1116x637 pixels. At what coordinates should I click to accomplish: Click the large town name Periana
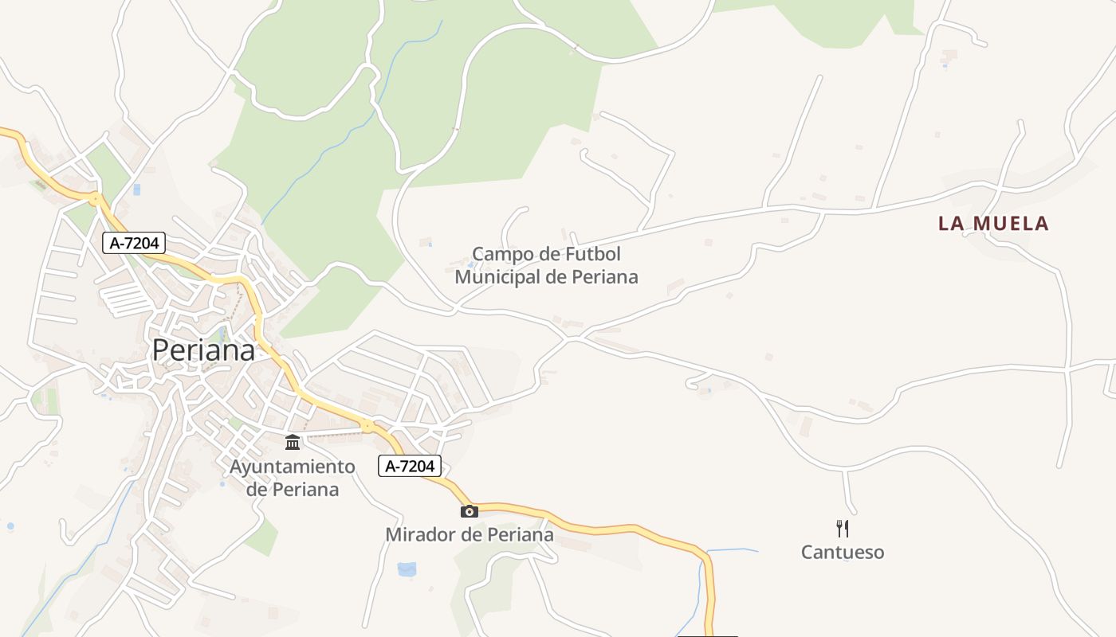(203, 350)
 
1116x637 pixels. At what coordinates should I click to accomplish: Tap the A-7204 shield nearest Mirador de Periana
(409, 467)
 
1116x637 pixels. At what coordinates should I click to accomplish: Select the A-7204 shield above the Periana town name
(133, 243)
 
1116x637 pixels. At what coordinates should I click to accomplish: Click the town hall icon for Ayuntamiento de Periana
(293, 442)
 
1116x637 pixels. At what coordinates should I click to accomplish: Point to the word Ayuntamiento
(292, 467)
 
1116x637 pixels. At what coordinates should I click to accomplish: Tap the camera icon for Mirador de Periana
(470, 511)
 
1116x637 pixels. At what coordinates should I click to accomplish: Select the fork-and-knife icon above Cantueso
(843, 529)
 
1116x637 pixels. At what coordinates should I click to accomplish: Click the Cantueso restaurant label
(843, 553)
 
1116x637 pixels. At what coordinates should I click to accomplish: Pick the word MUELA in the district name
(1012, 224)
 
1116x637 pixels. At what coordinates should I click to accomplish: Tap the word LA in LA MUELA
(952, 224)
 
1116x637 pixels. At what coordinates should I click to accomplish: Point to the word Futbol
(591, 254)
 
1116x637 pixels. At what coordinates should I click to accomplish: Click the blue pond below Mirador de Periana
(407, 569)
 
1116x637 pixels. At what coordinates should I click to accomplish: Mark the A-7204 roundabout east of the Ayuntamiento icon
(367, 426)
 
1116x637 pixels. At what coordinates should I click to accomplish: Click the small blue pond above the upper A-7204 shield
(136, 190)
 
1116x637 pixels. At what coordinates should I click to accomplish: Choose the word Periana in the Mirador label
(521, 534)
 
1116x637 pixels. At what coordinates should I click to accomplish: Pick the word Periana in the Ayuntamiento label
(305, 489)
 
